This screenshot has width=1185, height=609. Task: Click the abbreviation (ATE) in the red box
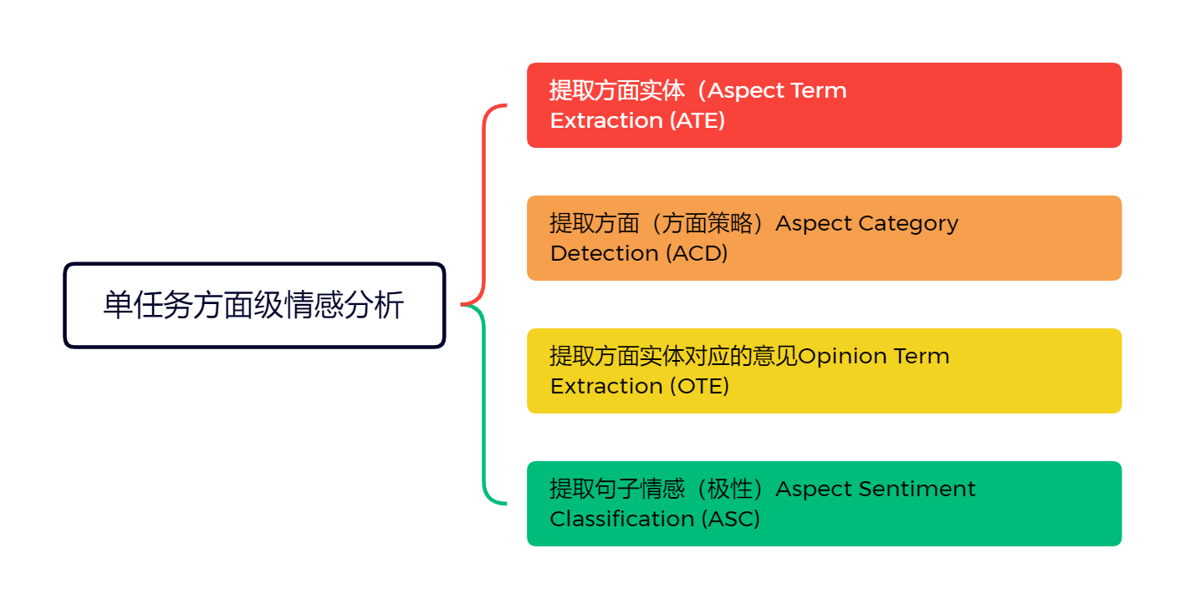click(697, 120)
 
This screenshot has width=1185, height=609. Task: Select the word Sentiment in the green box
click(927, 489)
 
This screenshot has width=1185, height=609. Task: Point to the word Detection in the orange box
click(605, 253)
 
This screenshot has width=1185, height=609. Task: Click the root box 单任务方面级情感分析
click(254, 305)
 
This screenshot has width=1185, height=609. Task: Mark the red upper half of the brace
click(485, 200)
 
